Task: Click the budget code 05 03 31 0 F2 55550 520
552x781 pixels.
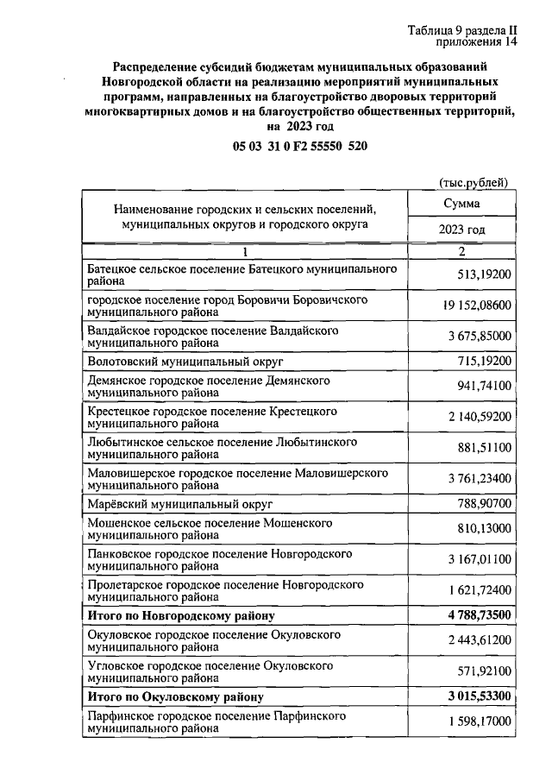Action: point(300,147)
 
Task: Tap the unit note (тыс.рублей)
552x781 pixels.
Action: point(474,182)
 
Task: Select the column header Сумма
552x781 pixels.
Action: point(461,204)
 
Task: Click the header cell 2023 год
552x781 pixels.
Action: point(461,230)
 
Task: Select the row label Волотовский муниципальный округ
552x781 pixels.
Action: point(185,359)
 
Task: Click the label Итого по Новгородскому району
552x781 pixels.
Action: point(181,616)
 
